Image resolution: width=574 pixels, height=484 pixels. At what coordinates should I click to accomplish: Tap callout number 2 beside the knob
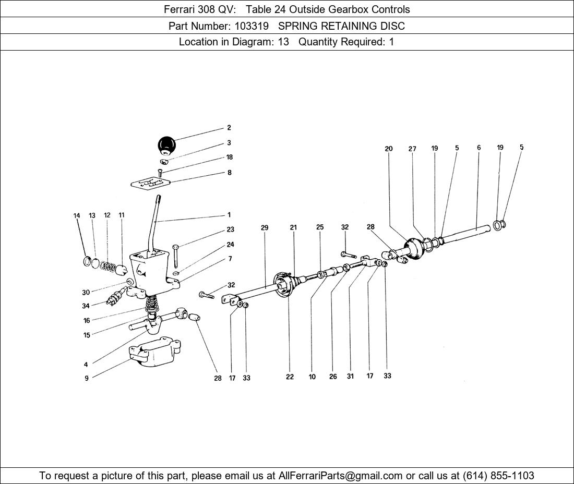point(229,128)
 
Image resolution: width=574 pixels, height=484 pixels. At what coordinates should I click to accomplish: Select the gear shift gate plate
point(151,184)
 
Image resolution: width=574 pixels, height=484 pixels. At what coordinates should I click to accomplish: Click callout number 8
point(230,173)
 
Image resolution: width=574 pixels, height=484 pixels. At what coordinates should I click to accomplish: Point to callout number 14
point(77,215)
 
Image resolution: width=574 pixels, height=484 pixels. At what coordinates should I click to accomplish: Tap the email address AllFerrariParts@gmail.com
point(341,476)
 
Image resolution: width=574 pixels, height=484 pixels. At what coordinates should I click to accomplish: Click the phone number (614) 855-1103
point(498,476)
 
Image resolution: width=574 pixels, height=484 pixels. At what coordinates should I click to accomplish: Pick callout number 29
point(265,228)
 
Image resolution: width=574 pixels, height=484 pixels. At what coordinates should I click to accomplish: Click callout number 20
point(389,149)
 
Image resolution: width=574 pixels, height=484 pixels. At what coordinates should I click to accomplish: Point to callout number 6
point(479,148)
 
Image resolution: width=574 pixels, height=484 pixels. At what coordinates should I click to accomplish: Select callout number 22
point(290,377)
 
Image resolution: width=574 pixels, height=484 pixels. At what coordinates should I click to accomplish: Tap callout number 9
point(87,379)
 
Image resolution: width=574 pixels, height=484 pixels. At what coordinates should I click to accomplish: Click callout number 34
point(86,306)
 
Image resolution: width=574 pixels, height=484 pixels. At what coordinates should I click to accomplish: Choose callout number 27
point(412,149)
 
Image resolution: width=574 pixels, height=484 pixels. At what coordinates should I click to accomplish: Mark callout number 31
point(350,377)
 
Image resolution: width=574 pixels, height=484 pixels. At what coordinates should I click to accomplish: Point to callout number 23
point(230,229)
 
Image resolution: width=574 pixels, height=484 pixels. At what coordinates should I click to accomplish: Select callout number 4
point(86,365)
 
